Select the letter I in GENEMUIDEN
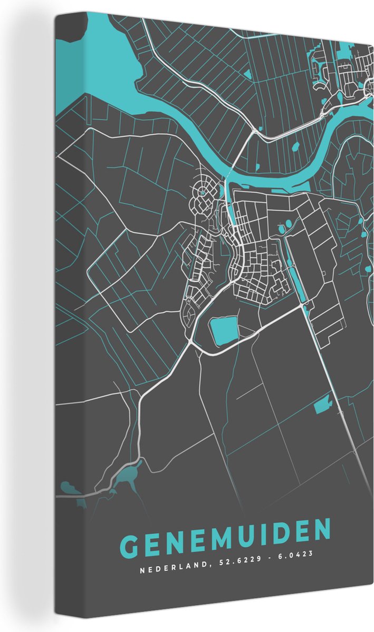pos(263,535)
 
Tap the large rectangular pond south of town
pos(224,330)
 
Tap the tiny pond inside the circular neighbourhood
pos(203,193)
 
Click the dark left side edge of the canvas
pos(62,316)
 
